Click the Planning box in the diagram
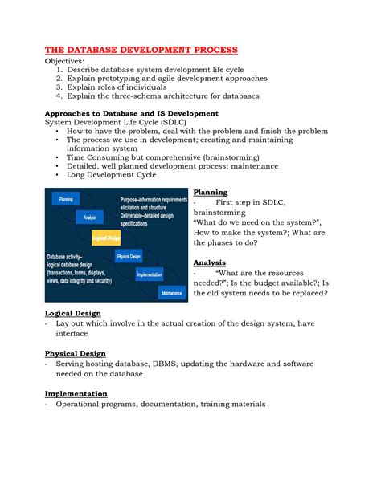point(66,197)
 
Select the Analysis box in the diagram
point(89,217)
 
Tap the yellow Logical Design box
point(105,238)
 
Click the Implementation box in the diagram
point(150,274)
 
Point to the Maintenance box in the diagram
point(171,293)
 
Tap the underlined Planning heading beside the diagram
point(211,193)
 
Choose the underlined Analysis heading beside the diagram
point(209,262)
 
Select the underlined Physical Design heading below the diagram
point(75,353)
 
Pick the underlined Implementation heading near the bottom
point(76,393)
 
